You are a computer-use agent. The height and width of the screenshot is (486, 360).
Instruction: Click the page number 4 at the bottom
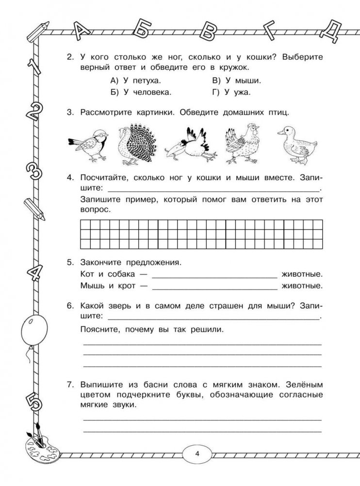[196, 454]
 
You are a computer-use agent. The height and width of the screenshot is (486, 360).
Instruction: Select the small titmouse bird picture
[88, 145]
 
